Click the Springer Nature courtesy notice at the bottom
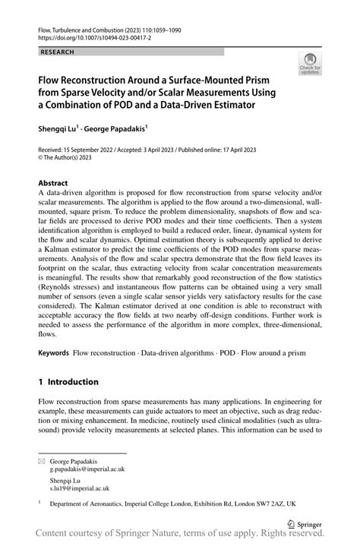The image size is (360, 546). click(181, 536)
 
